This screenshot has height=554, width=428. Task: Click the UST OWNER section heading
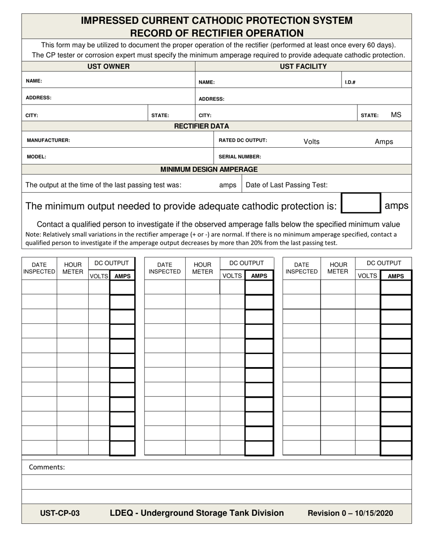click(108, 67)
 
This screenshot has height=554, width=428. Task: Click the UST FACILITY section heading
click(303, 67)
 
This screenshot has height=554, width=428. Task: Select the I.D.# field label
click(350, 82)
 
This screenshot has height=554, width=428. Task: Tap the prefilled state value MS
click(396, 115)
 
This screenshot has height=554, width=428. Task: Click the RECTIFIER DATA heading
click(201, 126)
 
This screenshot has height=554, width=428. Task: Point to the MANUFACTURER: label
click(48, 140)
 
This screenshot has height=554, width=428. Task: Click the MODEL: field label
click(36, 157)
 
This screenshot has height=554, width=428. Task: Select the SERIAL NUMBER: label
click(240, 157)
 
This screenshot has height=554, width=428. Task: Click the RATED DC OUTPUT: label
click(243, 140)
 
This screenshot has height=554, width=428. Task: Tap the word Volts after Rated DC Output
click(311, 141)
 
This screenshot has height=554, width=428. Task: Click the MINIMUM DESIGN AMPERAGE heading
click(209, 169)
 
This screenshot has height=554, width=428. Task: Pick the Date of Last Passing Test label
click(287, 185)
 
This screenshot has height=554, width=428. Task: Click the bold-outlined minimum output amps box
click(361, 203)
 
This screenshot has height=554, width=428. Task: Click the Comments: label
click(47, 467)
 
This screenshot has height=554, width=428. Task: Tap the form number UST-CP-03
click(60, 513)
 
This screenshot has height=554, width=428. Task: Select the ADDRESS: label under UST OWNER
click(38, 97)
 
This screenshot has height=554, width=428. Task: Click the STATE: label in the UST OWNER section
click(160, 115)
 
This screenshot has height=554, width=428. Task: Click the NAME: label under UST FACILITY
click(206, 82)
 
